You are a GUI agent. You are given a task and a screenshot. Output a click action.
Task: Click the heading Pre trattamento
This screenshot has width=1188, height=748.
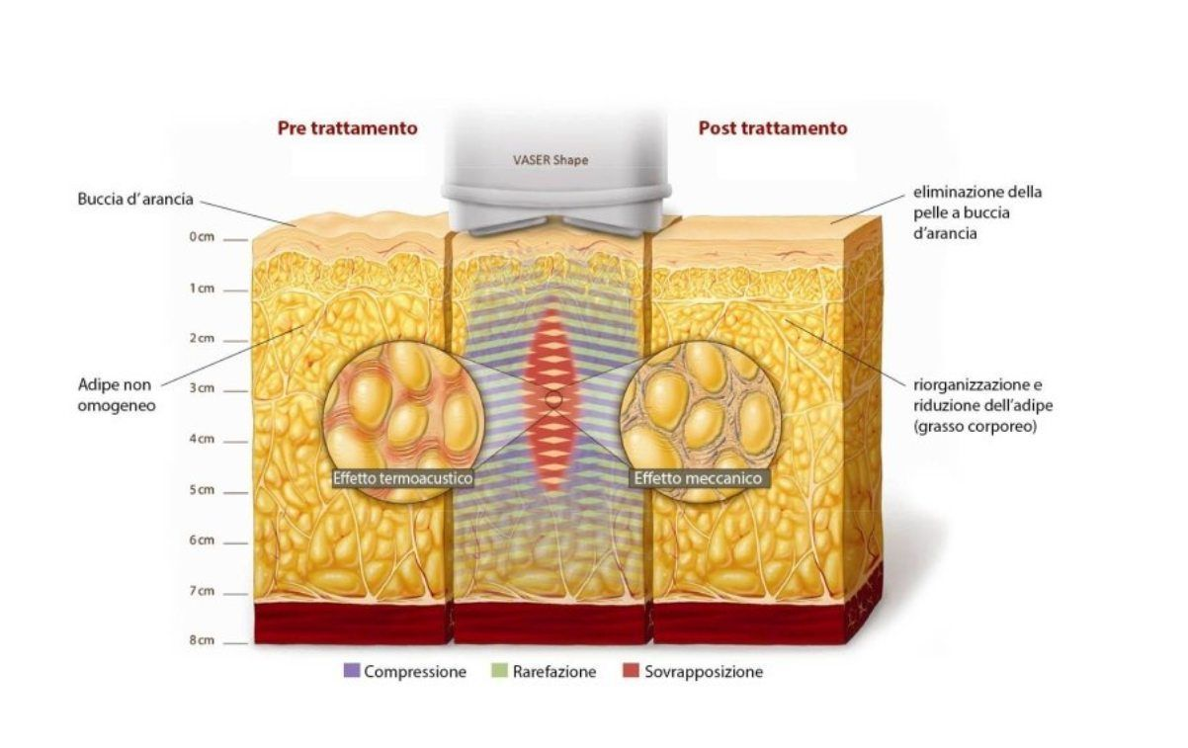[x=347, y=128]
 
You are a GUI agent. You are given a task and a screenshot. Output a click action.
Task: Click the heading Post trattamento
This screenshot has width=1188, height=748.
[x=773, y=128]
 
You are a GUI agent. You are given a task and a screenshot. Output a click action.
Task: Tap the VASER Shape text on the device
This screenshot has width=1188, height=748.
[x=551, y=160]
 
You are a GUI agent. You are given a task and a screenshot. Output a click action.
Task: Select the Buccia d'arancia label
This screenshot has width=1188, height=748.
[x=135, y=200]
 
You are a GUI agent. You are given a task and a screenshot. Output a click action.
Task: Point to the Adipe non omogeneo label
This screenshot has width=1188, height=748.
[x=117, y=395]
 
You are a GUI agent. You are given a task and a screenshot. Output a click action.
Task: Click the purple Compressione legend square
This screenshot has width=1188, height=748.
[x=352, y=671]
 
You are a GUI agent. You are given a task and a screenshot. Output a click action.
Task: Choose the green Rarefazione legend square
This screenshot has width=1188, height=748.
[x=499, y=671]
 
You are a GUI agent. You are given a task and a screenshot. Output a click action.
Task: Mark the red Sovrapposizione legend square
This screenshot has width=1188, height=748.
[x=631, y=671]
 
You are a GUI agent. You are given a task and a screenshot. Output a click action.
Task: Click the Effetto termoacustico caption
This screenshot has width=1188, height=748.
[x=402, y=478]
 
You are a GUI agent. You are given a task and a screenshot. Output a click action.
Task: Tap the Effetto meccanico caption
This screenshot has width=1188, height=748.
[x=698, y=478]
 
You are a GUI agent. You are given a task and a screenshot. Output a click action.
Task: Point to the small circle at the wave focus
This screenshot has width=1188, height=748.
[x=553, y=400]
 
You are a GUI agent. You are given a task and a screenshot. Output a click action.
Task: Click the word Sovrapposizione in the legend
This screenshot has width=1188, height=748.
[x=704, y=672]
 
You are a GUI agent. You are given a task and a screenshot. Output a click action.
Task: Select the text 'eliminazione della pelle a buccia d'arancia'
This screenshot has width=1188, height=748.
[x=977, y=212]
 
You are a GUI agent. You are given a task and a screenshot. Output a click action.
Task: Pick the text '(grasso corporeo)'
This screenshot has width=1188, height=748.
[x=975, y=427]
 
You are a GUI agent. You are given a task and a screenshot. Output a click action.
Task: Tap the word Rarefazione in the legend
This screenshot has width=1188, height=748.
[x=554, y=672]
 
